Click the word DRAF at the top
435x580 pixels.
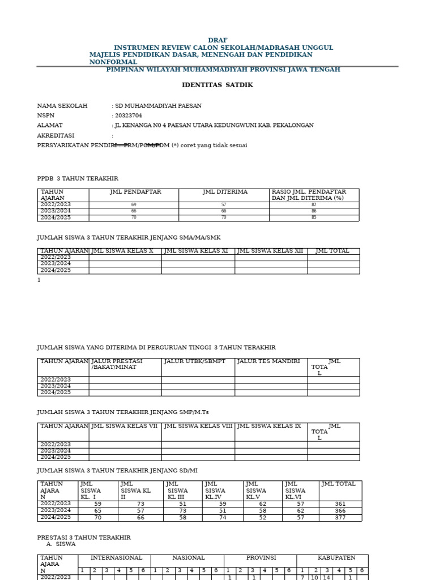pos(217,40)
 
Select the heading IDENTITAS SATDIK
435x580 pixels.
pos(217,85)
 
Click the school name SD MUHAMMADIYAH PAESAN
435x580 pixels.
pos(158,106)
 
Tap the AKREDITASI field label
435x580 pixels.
pos(56,135)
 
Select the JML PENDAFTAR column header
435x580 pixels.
pos(135,192)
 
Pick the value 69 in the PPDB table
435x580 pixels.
pos(134,204)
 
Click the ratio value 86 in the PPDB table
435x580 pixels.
pos(314,211)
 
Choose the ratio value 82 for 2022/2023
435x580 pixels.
pos(314,204)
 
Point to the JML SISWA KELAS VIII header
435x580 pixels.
pos(198,426)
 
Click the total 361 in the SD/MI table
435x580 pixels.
pos(340,504)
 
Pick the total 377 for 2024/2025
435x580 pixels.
pos(340,517)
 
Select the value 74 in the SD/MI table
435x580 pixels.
pos(223,517)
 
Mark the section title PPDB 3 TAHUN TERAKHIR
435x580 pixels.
pos(78,178)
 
